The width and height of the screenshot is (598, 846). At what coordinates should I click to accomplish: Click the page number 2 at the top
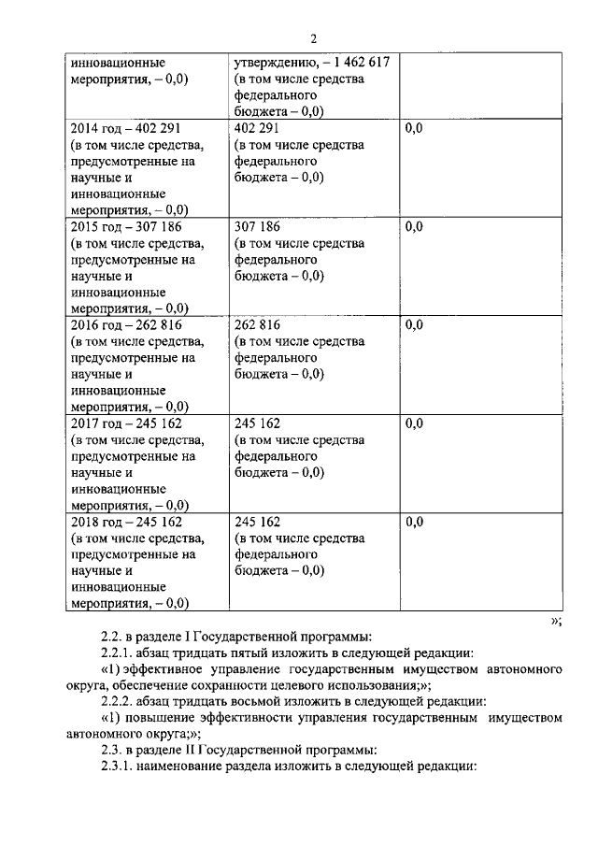[314, 38]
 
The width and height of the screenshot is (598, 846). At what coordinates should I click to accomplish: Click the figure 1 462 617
[359, 63]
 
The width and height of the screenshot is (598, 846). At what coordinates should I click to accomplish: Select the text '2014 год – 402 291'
[126, 128]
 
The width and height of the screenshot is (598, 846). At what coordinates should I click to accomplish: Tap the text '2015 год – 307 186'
[126, 227]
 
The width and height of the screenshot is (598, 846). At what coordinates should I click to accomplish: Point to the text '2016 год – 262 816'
[126, 325]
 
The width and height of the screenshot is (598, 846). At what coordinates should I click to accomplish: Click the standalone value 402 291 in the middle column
[258, 128]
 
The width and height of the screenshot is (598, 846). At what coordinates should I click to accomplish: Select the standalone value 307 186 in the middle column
[258, 227]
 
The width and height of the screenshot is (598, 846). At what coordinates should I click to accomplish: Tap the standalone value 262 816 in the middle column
[258, 325]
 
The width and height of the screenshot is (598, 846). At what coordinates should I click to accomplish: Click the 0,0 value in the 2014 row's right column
[415, 128]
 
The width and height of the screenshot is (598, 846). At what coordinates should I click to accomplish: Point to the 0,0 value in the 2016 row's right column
[415, 325]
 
